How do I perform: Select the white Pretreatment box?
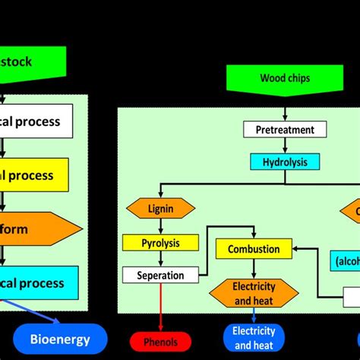pyautogui.click(x=279, y=129)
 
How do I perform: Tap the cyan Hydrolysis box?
pyautogui.click(x=286, y=162)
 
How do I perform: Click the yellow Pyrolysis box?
pyautogui.click(x=160, y=243)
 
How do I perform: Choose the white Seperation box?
pyautogui.click(x=160, y=275)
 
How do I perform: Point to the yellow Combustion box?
pyautogui.click(x=254, y=249)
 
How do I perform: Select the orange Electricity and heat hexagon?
pyautogui.click(x=254, y=293)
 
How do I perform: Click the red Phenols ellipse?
pyautogui.click(x=160, y=340)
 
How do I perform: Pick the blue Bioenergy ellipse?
pyautogui.click(x=60, y=339)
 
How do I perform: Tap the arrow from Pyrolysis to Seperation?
pyautogui.click(x=160, y=259)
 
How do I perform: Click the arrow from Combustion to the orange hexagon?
pyautogui.click(x=254, y=269)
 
